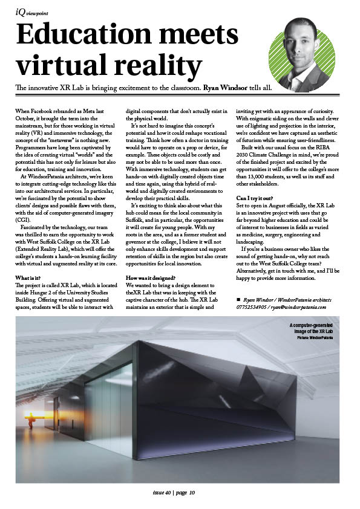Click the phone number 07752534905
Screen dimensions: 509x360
[252, 307]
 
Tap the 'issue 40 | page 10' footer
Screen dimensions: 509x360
[173, 492]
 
